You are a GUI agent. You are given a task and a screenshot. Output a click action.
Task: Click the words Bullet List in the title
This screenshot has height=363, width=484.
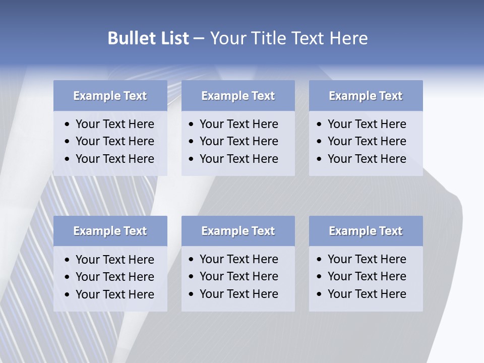148,38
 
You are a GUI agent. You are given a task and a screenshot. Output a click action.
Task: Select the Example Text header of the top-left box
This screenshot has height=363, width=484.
110,96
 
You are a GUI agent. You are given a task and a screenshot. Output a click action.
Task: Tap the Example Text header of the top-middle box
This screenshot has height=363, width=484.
238,96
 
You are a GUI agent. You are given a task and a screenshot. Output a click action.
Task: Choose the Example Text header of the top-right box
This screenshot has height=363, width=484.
366,96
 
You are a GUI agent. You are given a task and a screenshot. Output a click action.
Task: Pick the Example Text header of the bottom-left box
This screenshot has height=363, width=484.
110,231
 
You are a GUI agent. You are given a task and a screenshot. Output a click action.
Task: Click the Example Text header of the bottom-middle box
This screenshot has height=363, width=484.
238,231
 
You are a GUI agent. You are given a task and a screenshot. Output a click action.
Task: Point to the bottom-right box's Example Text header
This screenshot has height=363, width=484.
366,231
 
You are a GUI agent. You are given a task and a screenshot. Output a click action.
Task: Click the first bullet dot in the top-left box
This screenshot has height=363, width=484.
68,125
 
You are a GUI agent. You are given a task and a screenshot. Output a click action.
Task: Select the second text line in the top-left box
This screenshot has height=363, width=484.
114,141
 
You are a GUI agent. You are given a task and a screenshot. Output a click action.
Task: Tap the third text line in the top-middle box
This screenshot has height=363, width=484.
238,159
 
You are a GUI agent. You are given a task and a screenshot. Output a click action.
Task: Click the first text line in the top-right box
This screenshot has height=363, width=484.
367,124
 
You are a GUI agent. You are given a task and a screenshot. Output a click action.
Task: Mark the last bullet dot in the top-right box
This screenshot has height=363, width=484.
320,159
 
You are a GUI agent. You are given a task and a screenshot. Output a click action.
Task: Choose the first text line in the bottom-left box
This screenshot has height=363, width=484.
114,260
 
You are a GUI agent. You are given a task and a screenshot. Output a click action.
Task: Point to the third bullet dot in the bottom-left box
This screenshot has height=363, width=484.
68,295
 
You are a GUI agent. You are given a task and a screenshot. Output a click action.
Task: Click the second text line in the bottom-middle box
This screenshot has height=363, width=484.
238,276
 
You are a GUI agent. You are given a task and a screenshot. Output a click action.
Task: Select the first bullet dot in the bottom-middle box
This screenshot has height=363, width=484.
192,260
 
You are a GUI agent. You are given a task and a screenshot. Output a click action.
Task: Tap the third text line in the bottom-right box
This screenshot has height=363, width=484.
367,294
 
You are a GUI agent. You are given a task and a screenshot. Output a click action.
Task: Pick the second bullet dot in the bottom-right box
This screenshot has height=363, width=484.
320,277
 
